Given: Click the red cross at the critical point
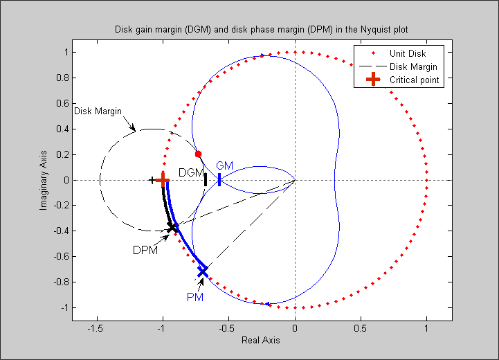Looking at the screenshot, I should coord(163,180).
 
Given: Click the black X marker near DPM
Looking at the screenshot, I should coord(172,226).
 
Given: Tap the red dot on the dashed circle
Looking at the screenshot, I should coord(199,154).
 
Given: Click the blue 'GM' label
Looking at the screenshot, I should coord(225,166).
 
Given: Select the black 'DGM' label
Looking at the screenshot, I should coord(191,172).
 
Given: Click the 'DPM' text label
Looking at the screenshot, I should coord(145,250).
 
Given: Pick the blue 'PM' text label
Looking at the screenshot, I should coord(194,297).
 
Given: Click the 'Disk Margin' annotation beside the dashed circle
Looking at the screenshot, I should coord(98,111).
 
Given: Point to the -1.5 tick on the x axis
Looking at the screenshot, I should coord(97,329).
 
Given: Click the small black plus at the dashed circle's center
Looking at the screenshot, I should coord(152,180).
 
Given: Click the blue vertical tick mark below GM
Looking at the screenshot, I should coord(219,179).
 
